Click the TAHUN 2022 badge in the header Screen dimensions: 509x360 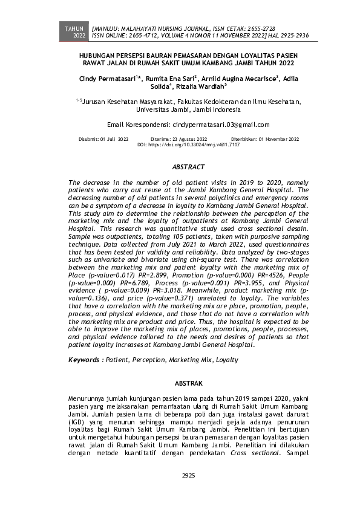75,32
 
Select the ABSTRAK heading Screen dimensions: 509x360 188,383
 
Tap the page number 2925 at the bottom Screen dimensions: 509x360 188,475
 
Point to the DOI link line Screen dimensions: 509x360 188,145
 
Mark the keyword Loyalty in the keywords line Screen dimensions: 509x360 227,360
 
